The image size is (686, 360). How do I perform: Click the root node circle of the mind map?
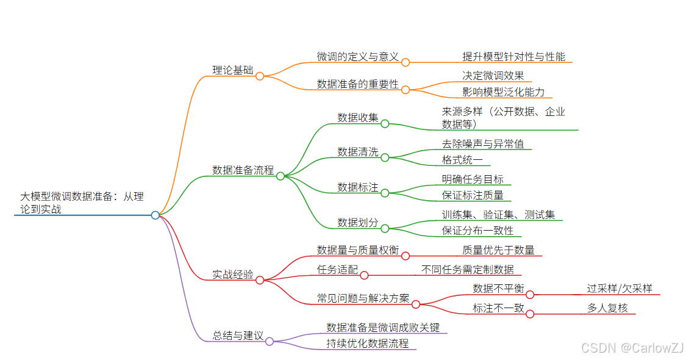coord(155,215)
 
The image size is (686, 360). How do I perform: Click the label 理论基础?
coord(232,70)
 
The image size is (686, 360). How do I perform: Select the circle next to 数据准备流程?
coord(280,176)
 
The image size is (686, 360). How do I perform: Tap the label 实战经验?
coord(232,275)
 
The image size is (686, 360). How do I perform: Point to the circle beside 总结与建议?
coord(270,341)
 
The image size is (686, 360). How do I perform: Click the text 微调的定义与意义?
coord(357,57)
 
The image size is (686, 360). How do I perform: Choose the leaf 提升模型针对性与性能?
coord(513,57)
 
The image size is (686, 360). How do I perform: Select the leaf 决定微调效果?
coord(493,76)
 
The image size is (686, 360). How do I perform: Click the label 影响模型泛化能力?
coord(503,92)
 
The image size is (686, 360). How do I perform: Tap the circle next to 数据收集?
coord(385,123)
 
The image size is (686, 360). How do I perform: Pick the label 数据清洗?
coord(358,151)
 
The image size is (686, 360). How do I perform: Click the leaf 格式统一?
coord(462,160)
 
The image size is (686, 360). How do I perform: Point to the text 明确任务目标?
coord(473,179)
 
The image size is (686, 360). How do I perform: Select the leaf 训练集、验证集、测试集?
coord(498,215)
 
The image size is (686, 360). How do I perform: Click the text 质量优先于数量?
coord(498,250)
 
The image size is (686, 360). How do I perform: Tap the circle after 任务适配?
coord(364,275)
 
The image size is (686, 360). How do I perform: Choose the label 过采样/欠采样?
coord(620,289)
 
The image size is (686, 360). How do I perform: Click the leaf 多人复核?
coord(607,308)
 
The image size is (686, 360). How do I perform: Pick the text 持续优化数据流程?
coord(367,344)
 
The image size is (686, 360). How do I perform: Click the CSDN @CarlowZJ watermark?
coord(632,348)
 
